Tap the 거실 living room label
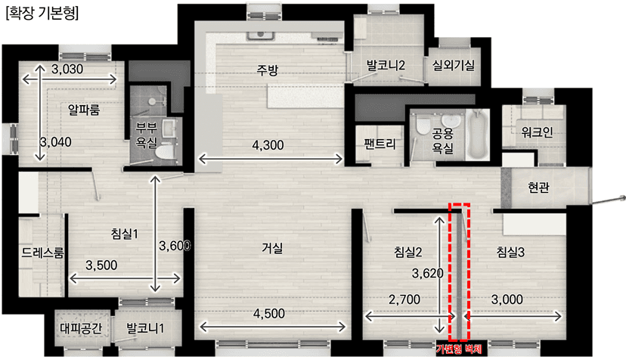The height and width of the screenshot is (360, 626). [272, 247]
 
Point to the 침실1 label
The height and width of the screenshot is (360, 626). [124, 234]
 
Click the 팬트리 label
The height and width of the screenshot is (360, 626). [380, 143]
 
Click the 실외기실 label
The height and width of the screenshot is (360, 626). [454, 65]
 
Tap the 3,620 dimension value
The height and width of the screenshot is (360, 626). [427, 273]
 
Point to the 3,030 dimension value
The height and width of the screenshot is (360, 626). [72, 70]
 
